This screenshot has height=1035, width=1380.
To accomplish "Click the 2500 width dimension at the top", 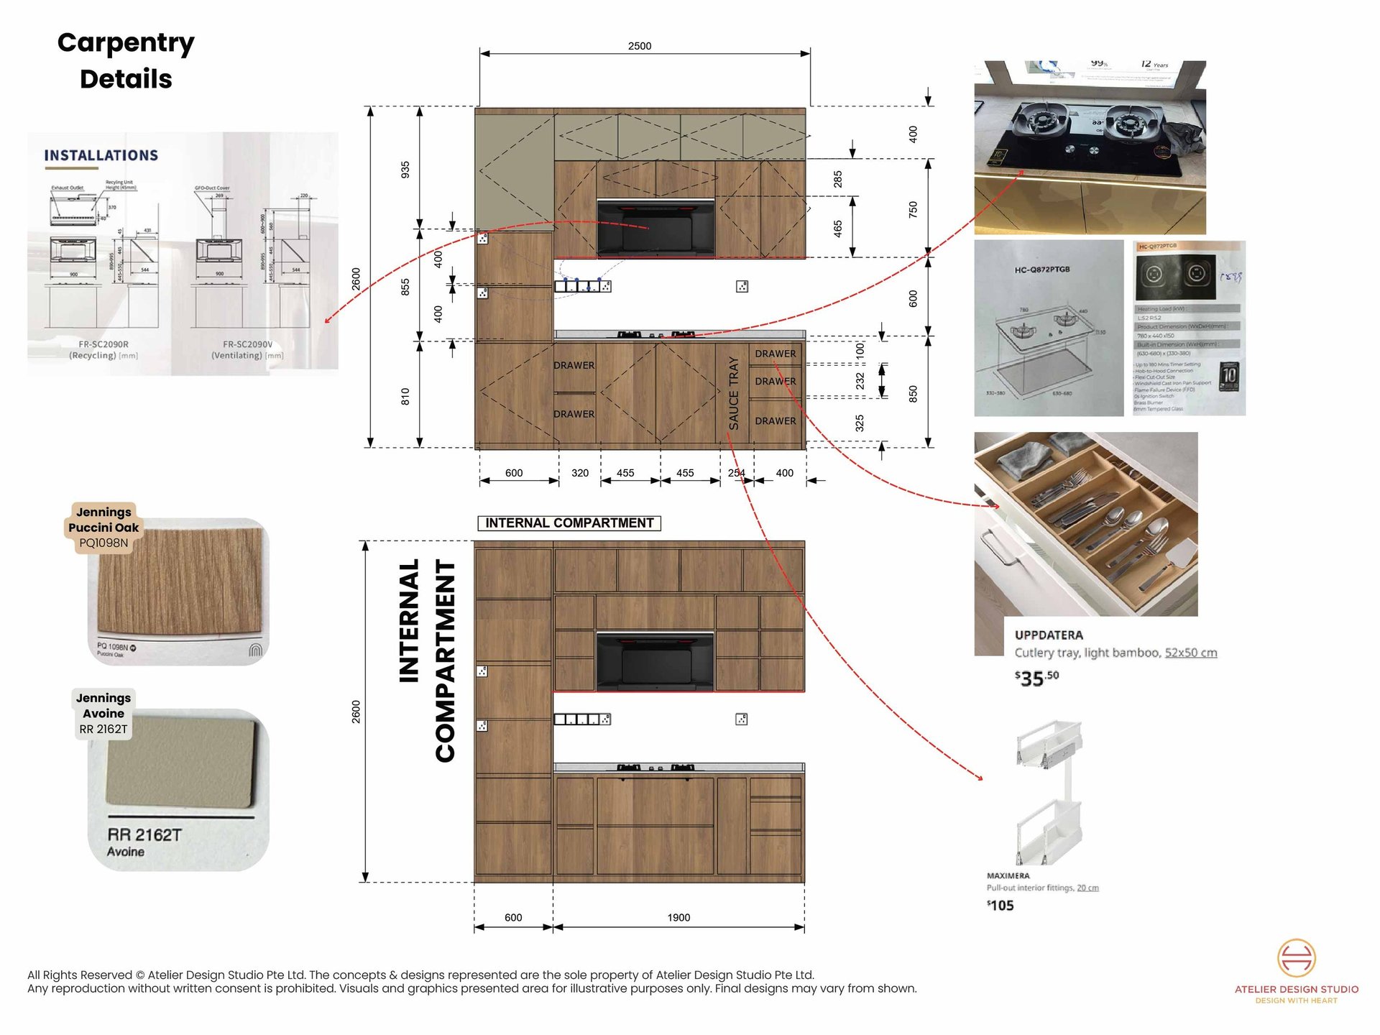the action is click(x=639, y=46).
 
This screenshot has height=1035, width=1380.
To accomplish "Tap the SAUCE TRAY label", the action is click(x=733, y=392).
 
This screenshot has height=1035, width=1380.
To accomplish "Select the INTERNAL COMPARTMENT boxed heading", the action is click(x=569, y=523).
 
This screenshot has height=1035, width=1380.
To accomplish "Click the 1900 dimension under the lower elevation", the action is click(x=678, y=918).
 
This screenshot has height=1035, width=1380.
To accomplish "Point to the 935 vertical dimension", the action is click(x=405, y=170).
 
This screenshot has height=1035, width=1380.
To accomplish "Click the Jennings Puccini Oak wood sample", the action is click(x=179, y=582).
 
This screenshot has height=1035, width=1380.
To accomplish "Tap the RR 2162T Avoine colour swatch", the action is click(x=180, y=762).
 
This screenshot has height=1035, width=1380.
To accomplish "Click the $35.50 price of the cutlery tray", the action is click(x=1036, y=678).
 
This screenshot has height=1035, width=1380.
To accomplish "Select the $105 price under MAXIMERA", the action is click(x=1000, y=906).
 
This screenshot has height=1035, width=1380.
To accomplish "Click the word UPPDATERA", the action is click(x=1049, y=635).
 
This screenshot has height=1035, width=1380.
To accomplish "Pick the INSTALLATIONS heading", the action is click(x=101, y=156).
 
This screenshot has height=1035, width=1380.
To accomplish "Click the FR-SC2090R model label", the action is click(x=103, y=344).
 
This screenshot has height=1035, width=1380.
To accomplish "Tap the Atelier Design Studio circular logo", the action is click(x=1296, y=958).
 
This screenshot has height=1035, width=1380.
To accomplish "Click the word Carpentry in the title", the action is click(x=126, y=43).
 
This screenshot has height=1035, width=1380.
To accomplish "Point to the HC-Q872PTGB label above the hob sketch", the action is click(x=1042, y=270).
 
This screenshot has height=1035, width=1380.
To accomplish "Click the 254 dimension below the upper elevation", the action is click(x=736, y=473).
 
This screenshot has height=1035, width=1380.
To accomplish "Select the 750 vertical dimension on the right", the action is click(x=913, y=209).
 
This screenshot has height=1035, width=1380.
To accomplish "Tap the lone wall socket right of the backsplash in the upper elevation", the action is click(x=742, y=287).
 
